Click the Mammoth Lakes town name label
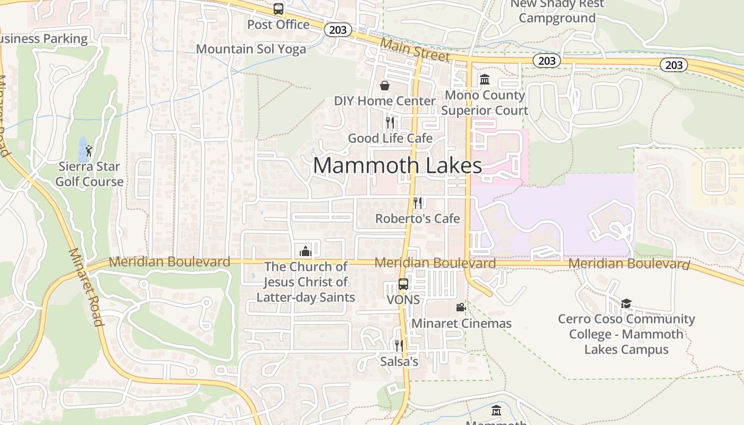point(397,165)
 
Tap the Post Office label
point(278,24)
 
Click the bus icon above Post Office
point(278,8)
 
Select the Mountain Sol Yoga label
point(251,49)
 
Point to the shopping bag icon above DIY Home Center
point(385,86)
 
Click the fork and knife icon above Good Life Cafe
point(390,123)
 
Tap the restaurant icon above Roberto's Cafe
point(418,202)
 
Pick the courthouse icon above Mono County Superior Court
point(485,80)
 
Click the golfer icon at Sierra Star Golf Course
point(89,151)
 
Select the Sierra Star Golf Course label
point(90,174)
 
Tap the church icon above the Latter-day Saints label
point(306,250)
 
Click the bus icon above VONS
point(403,284)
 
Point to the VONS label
point(403,300)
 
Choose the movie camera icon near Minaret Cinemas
point(461,307)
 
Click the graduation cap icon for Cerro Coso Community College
point(626,303)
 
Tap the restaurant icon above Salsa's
point(399,346)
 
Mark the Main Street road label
point(415,50)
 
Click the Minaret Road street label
point(85,287)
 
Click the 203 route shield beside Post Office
point(337,30)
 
